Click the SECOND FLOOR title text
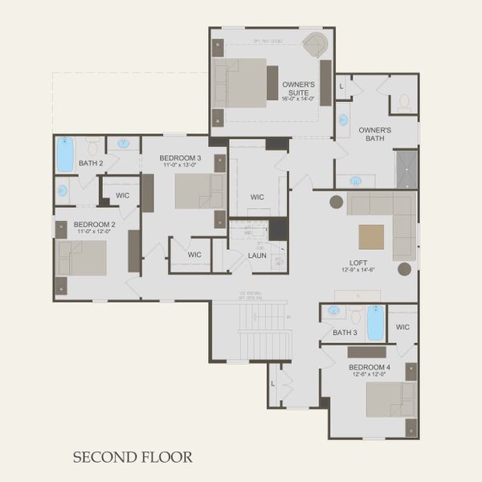pos(133,457)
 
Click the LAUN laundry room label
pos(257,255)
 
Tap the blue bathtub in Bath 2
pos(65,154)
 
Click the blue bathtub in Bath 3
pos(375,323)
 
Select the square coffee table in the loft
pos(371,237)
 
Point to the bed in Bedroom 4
pos(390,399)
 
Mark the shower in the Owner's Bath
pos(406,168)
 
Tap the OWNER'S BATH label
pos(375,133)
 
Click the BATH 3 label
pos(345,332)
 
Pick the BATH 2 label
pos(91,165)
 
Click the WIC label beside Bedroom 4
pos(402,327)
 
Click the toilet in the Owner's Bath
pos(404,101)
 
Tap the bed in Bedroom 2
pos(82,258)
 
